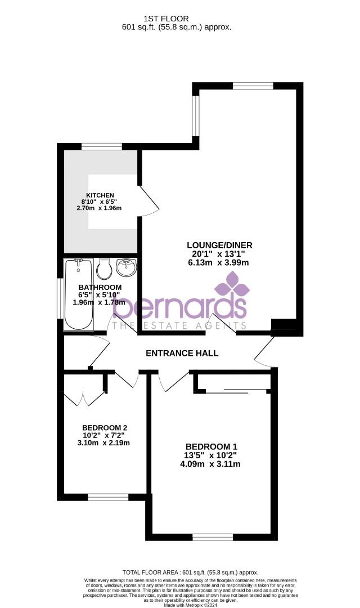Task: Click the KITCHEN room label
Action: coord(100,195)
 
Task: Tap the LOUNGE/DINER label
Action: coord(219,245)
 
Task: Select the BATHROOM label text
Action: coord(100,287)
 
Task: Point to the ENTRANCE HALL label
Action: coord(182,353)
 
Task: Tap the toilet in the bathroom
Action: coord(103,270)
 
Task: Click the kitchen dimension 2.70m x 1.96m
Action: coord(99,208)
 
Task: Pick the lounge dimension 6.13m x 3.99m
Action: coord(219,262)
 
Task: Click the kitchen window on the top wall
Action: coord(102,147)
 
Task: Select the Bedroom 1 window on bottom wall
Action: coord(213,537)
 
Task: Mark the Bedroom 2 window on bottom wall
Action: coord(108,497)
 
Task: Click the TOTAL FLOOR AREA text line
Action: coord(186,573)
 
